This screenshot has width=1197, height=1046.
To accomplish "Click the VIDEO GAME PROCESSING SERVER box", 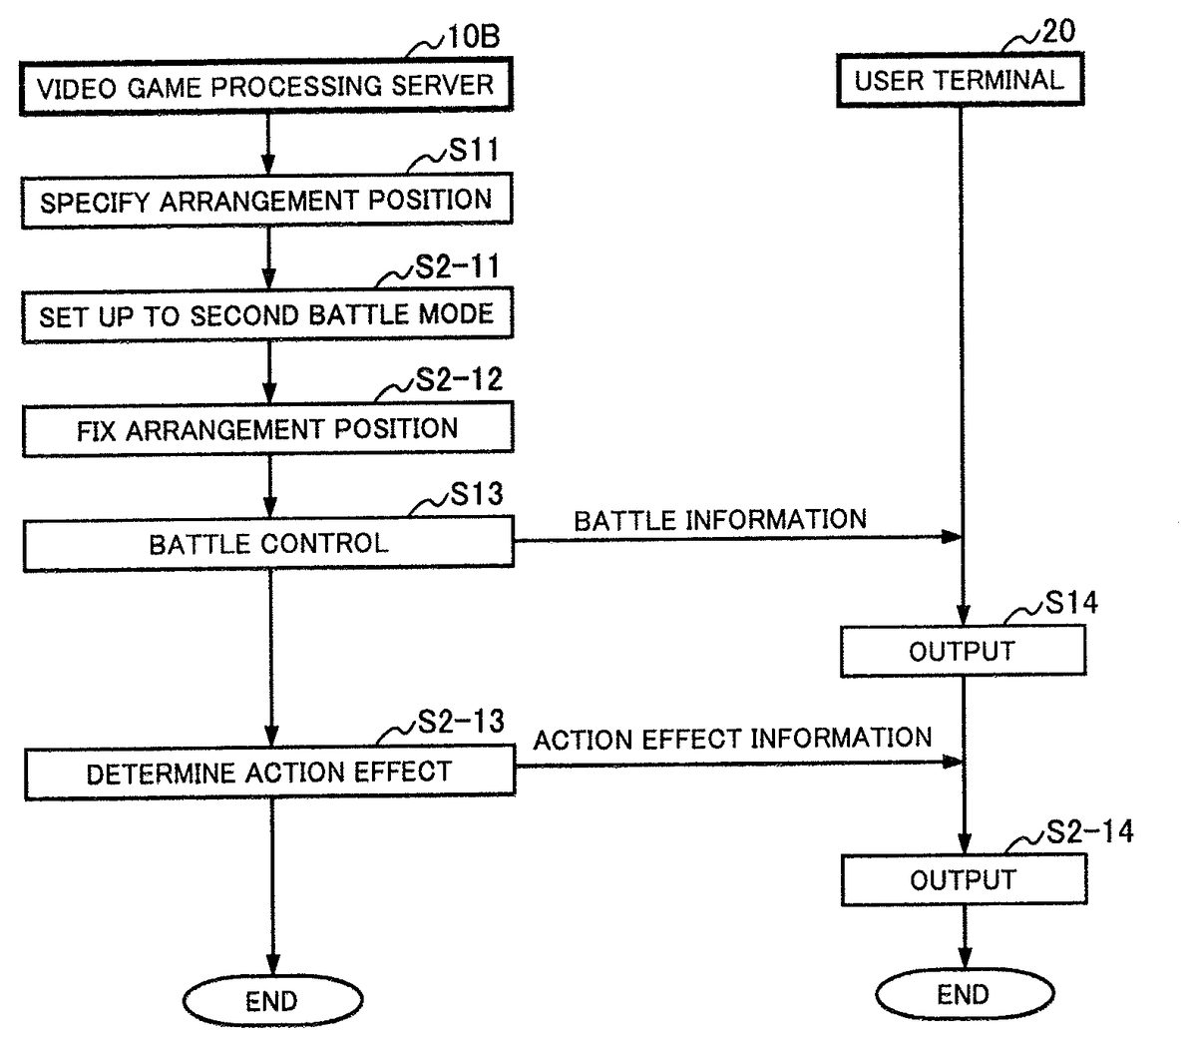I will [266, 87].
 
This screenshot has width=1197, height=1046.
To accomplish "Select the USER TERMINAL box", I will [959, 81].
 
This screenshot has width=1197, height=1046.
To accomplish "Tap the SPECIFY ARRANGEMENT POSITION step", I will [266, 201].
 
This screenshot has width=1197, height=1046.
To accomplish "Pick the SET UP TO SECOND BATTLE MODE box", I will [266, 316].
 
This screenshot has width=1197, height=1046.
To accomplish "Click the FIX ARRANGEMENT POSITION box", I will [267, 430].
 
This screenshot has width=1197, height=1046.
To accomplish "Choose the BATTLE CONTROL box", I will [267, 544].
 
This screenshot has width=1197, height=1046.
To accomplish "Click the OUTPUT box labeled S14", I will [962, 652].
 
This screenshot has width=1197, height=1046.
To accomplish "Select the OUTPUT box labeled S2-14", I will [963, 880].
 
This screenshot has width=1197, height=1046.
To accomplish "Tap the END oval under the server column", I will [271, 1001].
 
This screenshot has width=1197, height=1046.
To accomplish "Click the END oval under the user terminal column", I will [963, 994].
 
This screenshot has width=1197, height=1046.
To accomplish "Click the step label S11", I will [473, 151].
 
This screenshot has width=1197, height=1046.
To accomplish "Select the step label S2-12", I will [458, 380].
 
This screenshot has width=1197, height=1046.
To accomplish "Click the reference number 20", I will [1058, 31].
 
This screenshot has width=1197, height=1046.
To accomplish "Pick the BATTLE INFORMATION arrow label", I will [720, 520].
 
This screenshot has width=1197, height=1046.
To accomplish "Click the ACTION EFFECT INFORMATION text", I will [732, 739].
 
